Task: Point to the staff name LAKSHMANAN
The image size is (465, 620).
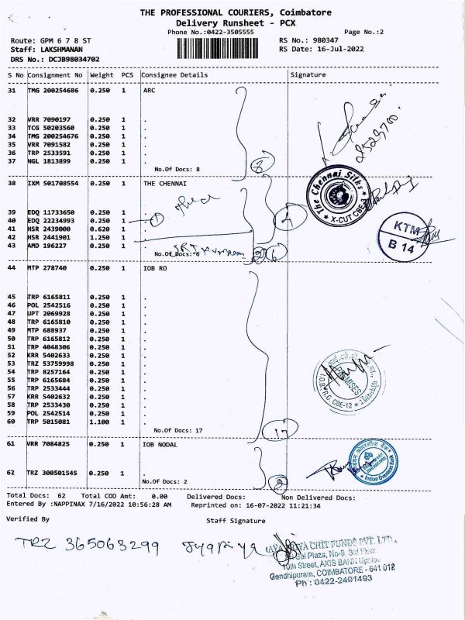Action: pos(67,48)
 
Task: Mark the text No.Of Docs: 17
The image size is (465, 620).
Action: pos(177,430)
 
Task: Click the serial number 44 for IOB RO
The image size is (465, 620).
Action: pos(12,267)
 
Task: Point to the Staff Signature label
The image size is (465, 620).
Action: pos(236,520)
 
